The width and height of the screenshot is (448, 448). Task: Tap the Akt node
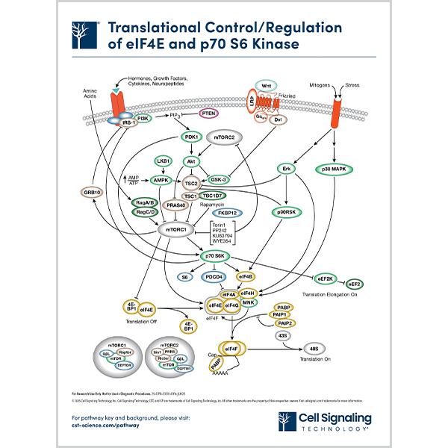point(191,161)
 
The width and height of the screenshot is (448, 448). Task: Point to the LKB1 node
point(163,161)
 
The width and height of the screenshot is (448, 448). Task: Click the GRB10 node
point(93,192)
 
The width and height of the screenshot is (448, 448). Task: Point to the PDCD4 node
point(217,277)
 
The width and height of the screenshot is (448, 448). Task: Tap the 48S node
point(314,347)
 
